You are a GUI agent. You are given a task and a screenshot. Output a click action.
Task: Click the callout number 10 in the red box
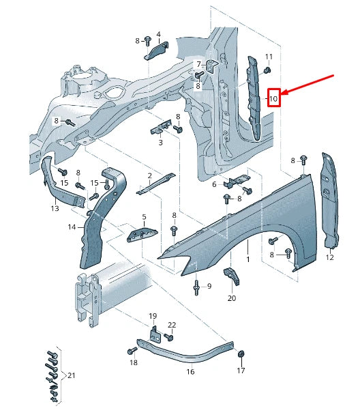(x=273, y=98)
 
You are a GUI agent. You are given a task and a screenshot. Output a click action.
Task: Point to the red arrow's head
(x=284, y=92)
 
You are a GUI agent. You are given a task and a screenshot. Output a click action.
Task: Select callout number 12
(x=330, y=257)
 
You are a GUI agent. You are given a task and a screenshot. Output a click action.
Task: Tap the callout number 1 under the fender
(x=247, y=260)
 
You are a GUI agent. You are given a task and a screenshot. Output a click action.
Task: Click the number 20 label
(x=232, y=298)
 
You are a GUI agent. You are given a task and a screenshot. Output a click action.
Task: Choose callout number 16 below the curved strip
(x=191, y=373)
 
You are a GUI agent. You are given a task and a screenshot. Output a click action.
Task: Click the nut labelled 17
(x=241, y=355)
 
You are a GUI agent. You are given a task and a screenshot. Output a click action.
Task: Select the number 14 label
(x=72, y=227)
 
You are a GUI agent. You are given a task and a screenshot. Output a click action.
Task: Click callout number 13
(x=55, y=209)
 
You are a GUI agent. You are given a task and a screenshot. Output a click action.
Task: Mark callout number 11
(x=269, y=56)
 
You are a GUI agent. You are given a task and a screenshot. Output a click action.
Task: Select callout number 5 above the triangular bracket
(x=144, y=217)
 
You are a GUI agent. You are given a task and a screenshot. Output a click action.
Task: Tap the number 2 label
(x=149, y=175)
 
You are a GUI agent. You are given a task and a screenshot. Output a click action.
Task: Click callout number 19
(x=153, y=316)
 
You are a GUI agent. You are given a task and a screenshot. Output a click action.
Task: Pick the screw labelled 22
(x=168, y=336)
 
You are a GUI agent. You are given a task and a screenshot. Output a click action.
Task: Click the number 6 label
(x=214, y=184)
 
